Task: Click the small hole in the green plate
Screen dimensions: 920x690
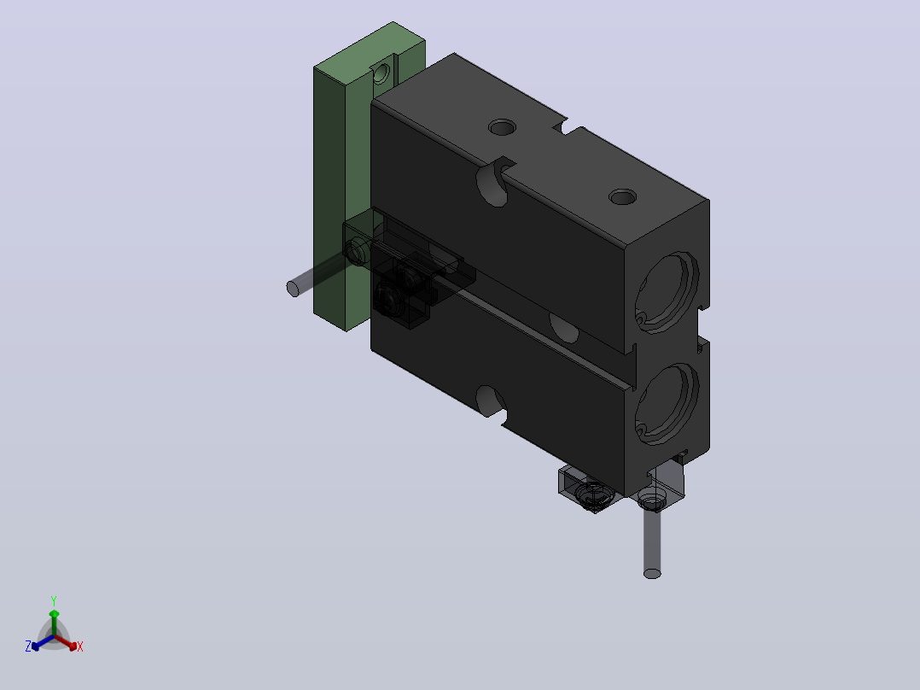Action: pyautogui.click(x=381, y=73)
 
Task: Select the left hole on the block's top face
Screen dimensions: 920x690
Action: pyautogui.click(x=502, y=127)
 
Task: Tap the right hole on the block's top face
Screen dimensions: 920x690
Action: pyautogui.click(x=623, y=196)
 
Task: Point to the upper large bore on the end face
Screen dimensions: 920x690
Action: pyautogui.click(x=667, y=292)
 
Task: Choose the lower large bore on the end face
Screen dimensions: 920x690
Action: pyautogui.click(x=667, y=404)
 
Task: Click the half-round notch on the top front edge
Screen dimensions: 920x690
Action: pyautogui.click(x=494, y=181)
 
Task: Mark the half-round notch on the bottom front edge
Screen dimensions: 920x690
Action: pyautogui.click(x=492, y=401)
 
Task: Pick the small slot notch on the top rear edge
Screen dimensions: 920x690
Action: pyautogui.click(x=568, y=126)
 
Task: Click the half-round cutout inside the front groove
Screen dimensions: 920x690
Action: pyautogui.click(x=564, y=328)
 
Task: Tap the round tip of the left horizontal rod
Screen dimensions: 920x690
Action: pyautogui.click(x=293, y=289)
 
